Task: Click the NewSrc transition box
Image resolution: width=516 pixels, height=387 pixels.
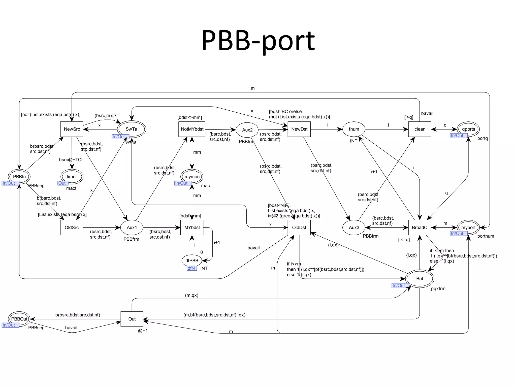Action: click(72, 129)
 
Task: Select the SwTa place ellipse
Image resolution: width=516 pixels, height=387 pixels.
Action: click(132, 129)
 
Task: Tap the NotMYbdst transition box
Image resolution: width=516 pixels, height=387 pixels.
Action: click(192, 129)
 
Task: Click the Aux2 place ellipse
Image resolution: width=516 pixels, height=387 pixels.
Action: click(247, 130)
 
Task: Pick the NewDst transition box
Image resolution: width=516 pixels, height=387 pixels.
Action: click(299, 129)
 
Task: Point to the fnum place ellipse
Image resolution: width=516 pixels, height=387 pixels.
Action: click(354, 129)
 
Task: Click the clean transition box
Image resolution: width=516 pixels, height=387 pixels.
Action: click(420, 129)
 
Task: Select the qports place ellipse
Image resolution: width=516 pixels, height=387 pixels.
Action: click(468, 129)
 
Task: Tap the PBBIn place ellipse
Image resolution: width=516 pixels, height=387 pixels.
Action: click(19, 177)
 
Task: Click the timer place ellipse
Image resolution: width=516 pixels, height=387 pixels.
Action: click(72, 177)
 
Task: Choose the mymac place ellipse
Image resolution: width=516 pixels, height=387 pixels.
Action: click(192, 177)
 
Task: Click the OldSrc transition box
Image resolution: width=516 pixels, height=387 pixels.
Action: click(72, 228)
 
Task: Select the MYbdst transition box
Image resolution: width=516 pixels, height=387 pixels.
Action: click(192, 228)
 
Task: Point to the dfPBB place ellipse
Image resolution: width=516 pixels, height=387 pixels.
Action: click(192, 261)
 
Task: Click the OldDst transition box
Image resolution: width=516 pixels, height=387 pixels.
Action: click(299, 228)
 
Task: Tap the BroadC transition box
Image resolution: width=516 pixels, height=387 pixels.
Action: click(420, 228)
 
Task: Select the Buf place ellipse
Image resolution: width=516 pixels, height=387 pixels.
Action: click(420, 279)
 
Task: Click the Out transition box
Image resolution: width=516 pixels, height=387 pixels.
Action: click(132, 319)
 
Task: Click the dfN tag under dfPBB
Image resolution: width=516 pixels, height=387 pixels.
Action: click(191, 268)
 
